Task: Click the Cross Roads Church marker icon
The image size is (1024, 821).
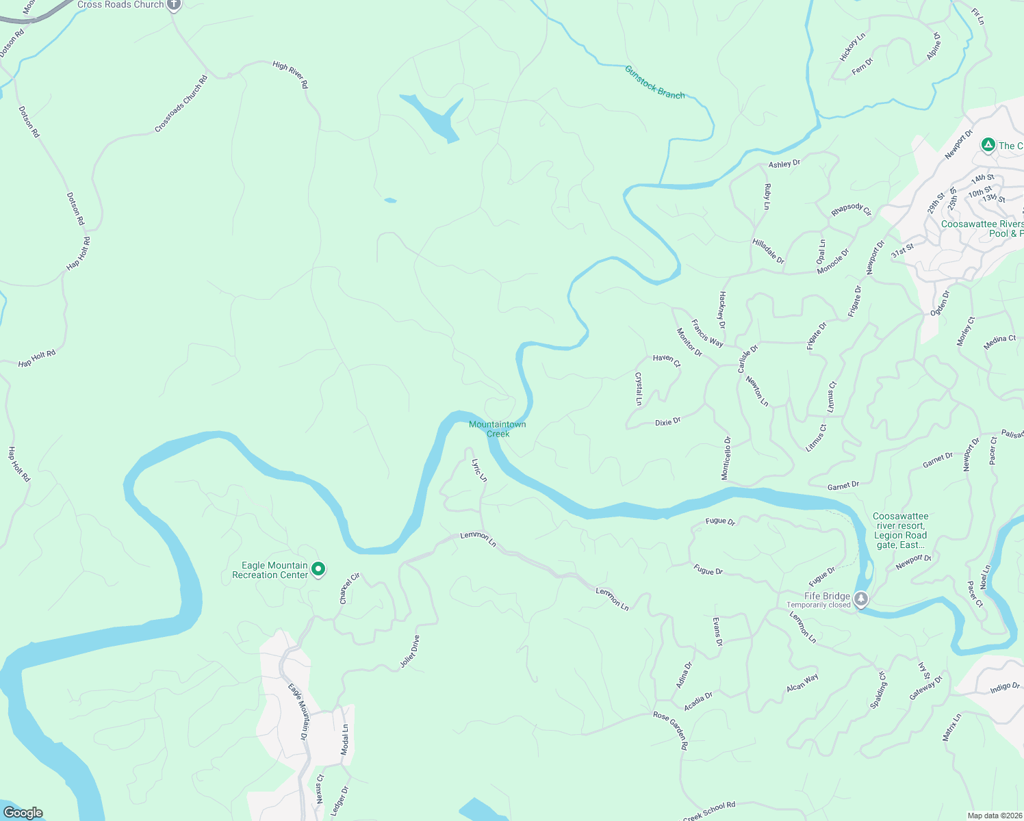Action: [x=174, y=5]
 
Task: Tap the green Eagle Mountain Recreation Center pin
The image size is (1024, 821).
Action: [x=318, y=569]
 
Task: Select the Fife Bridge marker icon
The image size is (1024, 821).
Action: [x=861, y=599]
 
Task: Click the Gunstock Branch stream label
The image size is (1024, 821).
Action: [x=654, y=83]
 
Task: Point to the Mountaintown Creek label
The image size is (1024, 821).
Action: [x=498, y=429]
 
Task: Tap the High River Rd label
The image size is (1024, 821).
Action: [x=290, y=75]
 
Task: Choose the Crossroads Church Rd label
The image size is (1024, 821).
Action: [x=181, y=105]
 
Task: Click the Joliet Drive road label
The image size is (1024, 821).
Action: [x=409, y=652]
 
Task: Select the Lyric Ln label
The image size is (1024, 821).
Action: [x=479, y=470]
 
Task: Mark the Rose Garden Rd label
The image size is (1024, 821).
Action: [x=670, y=730]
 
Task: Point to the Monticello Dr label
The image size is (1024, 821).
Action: [x=726, y=458]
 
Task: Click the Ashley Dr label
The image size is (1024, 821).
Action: [x=784, y=164]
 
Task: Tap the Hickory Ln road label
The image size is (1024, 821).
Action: [x=852, y=47]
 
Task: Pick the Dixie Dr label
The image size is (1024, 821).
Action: [x=667, y=422]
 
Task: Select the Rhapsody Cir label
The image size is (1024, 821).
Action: [x=851, y=209]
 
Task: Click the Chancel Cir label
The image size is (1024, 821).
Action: [x=349, y=588]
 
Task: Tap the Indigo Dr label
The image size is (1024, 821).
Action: [x=1004, y=688]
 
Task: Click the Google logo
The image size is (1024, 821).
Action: [x=23, y=813]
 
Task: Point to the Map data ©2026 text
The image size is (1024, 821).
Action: [x=993, y=816]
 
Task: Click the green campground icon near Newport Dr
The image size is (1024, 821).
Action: [x=988, y=145]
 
